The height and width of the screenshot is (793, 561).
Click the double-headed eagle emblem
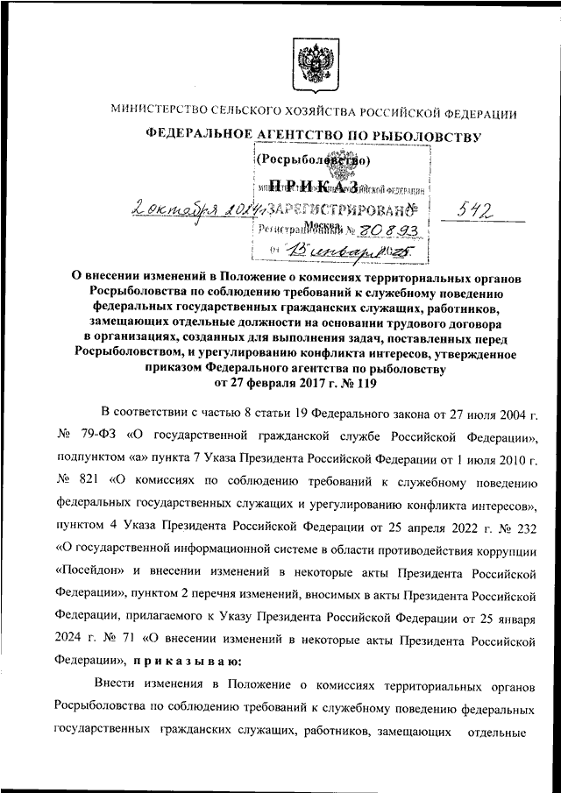click(314, 65)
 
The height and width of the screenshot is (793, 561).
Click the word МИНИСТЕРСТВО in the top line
click(155, 111)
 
